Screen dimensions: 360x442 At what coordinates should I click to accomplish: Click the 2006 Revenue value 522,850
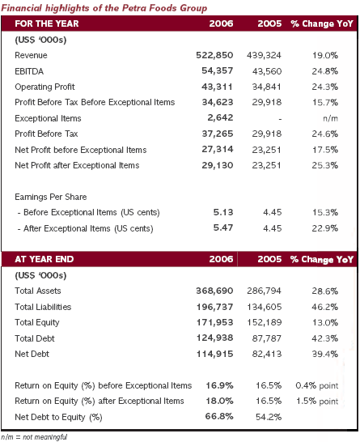(214, 55)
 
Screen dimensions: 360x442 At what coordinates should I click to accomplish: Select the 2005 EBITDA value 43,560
(267, 71)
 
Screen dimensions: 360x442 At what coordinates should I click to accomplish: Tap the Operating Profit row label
(44, 87)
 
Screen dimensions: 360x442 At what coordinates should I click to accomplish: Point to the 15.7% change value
(324, 102)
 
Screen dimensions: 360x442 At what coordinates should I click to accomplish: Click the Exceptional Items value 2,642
(220, 117)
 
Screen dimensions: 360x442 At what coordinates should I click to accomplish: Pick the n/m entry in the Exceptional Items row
(330, 118)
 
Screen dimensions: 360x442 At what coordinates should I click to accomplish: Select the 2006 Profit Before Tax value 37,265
(218, 134)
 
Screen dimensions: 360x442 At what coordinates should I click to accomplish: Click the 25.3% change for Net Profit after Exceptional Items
(324, 165)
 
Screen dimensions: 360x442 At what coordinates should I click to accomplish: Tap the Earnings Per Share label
(51, 197)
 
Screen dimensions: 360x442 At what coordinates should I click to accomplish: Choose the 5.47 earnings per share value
(223, 227)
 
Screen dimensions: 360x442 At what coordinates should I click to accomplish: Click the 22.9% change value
(324, 228)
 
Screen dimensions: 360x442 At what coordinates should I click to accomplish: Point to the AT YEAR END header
(44, 259)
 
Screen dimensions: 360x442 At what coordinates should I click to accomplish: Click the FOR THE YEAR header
(47, 23)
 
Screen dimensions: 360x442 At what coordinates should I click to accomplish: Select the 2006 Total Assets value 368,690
(214, 291)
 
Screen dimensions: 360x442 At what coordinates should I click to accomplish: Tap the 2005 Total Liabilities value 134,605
(265, 307)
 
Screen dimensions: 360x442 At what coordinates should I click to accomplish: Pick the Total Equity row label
(37, 322)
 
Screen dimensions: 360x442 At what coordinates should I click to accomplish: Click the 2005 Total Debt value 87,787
(267, 338)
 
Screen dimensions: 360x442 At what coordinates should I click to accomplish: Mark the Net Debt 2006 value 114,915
(214, 354)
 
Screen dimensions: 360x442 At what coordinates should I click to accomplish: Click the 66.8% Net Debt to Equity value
(219, 416)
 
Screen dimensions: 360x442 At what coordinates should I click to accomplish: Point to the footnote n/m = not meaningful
(34, 437)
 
